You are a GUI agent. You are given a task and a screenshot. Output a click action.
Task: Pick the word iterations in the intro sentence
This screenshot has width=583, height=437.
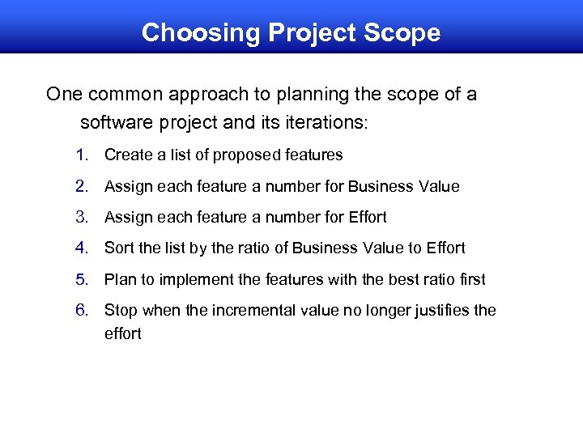tap(325, 124)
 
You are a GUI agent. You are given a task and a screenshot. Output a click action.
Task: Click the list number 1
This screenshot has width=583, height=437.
tap(81, 155)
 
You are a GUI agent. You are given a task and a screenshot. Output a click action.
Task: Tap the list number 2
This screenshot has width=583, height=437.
tap(81, 186)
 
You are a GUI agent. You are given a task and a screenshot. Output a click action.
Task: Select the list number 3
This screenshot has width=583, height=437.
tap(81, 217)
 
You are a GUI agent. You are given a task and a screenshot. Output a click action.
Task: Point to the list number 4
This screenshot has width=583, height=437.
tap(81, 248)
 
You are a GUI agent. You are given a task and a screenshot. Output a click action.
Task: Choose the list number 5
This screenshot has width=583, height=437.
tap(81, 279)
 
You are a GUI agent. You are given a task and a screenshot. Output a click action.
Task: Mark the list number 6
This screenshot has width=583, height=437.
tap(81, 310)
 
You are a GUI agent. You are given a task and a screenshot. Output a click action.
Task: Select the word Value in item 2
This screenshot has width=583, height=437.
tap(438, 186)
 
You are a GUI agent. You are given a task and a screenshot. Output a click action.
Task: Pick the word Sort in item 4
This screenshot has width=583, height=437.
tap(118, 248)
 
